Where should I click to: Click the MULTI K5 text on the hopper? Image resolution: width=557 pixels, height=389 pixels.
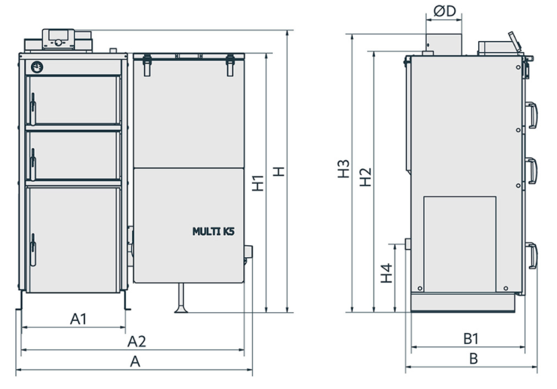click(213, 232)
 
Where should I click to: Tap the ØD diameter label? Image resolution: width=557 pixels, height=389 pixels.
click(445, 11)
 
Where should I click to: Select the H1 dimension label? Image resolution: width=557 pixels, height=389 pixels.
click(258, 183)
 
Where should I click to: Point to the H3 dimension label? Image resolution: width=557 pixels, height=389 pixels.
click(343, 169)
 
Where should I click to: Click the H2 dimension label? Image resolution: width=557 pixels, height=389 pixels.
click(365, 177)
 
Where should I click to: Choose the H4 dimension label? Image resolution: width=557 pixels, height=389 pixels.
click(387, 273)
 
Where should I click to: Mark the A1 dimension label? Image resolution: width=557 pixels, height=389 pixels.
click(78, 319)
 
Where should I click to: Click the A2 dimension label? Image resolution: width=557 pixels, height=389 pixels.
click(137, 341)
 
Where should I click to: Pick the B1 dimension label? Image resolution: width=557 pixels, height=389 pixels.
click(471, 339)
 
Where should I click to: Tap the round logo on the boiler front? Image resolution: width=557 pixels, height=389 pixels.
click(37, 67)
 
